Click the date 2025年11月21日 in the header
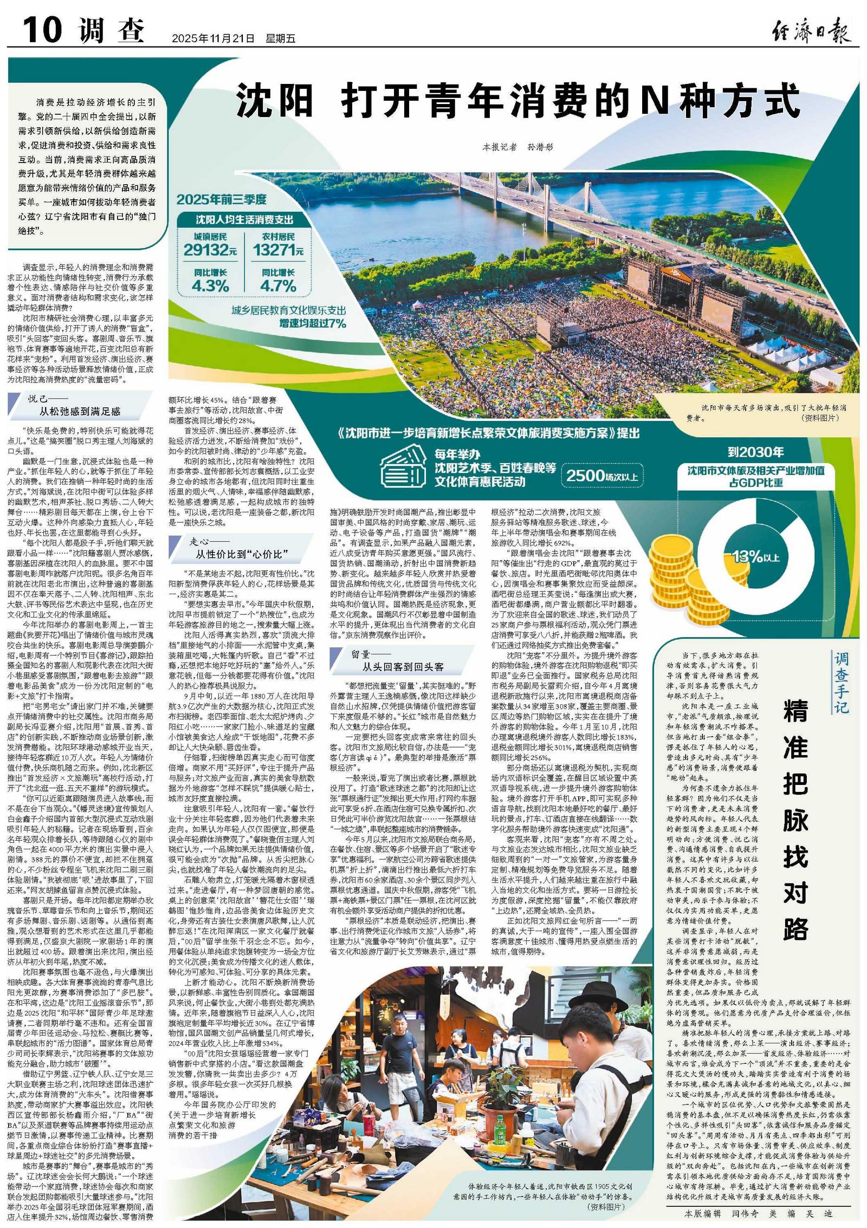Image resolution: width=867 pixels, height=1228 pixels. (x=213, y=38)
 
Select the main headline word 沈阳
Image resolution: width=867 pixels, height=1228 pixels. (x=277, y=100)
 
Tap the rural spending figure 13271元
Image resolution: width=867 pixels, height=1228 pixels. (x=278, y=250)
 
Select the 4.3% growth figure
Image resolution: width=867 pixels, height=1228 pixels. (x=210, y=285)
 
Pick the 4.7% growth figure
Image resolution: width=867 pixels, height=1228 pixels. (x=278, y=285)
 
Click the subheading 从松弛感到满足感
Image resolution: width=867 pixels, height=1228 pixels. (x=80, y=412)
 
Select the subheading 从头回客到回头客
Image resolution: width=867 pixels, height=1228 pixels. (x=403, y=666)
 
